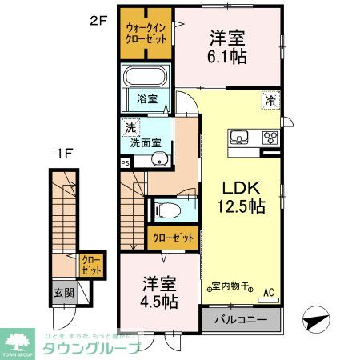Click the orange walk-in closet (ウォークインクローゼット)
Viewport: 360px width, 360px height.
click(146, 35)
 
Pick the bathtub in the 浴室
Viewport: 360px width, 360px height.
click(145, 78)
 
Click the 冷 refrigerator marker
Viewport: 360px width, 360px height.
click(270, 101)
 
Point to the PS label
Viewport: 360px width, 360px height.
click(125, 162)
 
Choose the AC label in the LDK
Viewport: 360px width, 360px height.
click(270, 294)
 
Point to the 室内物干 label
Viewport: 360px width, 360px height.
click(230, 286)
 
